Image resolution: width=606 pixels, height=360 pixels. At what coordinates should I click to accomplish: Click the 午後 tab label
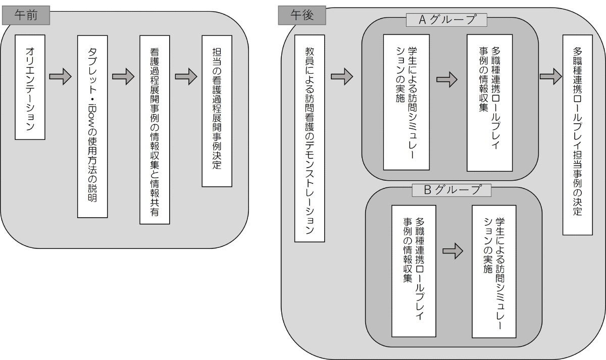coord(302,16)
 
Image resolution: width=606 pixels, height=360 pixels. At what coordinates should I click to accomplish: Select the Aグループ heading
coord(446,20)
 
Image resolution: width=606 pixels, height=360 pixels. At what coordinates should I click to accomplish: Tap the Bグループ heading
coord(451,190)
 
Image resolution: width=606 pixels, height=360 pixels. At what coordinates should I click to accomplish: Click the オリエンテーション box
coord(30,87)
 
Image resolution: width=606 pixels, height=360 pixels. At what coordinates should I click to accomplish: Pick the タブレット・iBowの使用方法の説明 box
coord(93,126)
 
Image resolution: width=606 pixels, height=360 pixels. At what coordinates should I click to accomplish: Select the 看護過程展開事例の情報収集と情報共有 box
coord(155,130)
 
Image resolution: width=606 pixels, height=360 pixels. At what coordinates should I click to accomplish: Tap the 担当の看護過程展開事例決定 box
coord(217,110)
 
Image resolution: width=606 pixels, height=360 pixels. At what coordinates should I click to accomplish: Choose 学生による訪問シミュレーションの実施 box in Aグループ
coord(406,102)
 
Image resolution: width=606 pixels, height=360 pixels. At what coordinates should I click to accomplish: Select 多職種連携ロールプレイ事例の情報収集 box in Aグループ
coord(489,102)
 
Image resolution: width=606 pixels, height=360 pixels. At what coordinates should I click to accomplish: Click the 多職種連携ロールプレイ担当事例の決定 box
coord(577,135)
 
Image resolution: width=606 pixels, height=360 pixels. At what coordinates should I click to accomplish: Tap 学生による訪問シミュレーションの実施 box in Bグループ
coord(493,271)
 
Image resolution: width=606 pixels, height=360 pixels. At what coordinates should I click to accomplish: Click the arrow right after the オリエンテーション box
coord(61,77)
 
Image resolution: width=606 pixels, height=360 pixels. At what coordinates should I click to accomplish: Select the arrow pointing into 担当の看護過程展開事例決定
coord(186,77)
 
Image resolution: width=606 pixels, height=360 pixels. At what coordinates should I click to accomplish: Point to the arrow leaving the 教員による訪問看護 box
coord(342,77)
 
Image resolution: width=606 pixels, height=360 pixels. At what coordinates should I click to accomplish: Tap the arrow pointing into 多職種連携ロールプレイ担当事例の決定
coord(550,77)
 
